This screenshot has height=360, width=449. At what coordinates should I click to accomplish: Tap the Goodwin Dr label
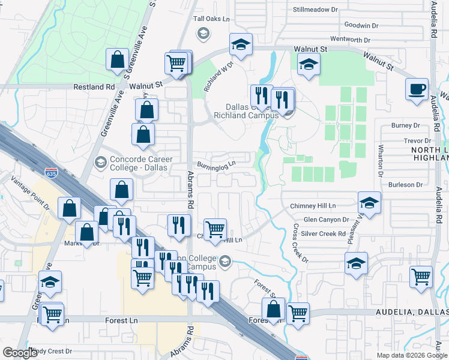361,25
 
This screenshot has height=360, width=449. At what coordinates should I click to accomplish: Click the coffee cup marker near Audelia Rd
417,89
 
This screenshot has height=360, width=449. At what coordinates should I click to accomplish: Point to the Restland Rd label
94,86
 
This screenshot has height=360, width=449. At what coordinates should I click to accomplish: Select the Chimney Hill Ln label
312,205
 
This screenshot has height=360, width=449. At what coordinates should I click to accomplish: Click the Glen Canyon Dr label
326,220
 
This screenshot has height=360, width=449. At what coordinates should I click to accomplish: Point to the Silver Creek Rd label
323,233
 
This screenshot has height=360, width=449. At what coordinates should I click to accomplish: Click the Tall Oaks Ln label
211,19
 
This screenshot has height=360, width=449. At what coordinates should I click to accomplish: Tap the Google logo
20,353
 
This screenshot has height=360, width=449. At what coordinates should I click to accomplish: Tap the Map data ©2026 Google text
411,355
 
